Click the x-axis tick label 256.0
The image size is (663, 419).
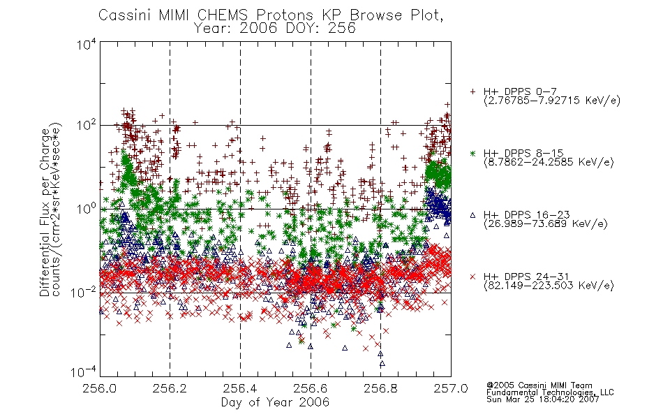pyautogui.click(x=100, y=388)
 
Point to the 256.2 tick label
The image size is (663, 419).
pyautogui.click(x=170, y=388)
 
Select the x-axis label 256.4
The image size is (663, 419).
pyautogui.click(x=240, y=388)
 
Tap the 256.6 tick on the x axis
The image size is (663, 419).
pyautogui.click(x=311, y=388)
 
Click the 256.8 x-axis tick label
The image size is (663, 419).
pyautogui.click(x=380, y=388)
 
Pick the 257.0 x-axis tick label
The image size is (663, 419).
pyautogui.click(x=451, y=388)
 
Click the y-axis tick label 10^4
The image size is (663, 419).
pyautogui.click(x=87, y=44)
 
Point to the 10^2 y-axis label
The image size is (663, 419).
pyautogui.click(x=87, y=125)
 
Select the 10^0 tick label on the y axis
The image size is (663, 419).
pyautogui.click(x=87, y=209)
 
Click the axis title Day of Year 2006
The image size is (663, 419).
pyautogui.click(x=275, y=402)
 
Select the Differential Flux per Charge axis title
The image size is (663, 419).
pyautogui.click(x=45, y=212)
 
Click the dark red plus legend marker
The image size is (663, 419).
pyautogui.click(x=472, y=91)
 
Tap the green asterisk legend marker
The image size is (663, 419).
pyautogui.click(x=472, y=153)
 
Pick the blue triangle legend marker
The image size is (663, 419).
pyautogui.click(x=472, y=215)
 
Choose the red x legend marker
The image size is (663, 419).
pyautogui.click(x=472, y=277)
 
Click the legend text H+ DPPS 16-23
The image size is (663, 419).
pyautogui.click(x=526, y=214)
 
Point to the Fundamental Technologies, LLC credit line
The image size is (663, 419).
pyautogui.click(x=550, y=392)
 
